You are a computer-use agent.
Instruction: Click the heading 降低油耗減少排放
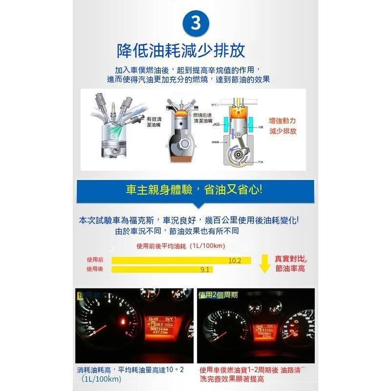(x=181, y=50)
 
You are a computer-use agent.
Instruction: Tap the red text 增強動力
(x=282, y=120)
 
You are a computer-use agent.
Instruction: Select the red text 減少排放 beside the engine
(x=282, y=131)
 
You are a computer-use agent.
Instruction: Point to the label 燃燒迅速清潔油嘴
(x=203, y=117)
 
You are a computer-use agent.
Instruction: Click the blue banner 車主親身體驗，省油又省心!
(x=195, y=190)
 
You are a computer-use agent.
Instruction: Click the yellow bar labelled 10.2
(x=181, y=261)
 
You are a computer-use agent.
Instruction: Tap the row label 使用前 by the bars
(x=95, y=260)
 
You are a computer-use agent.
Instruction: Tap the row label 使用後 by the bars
(x=95, y=269)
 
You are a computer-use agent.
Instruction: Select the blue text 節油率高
(x=290, y=269)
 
